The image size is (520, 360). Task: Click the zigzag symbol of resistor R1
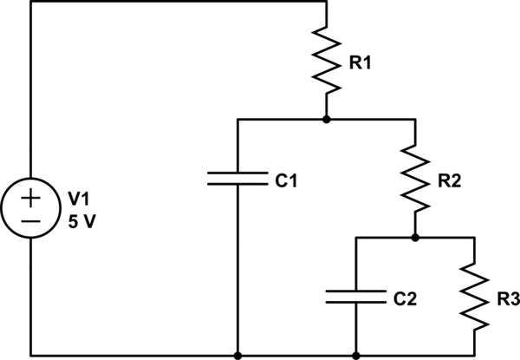326,61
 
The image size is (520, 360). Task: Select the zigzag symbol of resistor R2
416,178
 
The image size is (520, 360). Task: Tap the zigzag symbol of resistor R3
475,296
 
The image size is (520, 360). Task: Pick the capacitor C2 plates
355,297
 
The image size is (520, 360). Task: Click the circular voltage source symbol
29,208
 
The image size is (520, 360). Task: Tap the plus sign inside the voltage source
29,198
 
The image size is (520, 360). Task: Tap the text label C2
406,299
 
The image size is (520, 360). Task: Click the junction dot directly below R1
326,119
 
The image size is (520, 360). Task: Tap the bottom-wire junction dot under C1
237,355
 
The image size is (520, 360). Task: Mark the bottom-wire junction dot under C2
355,355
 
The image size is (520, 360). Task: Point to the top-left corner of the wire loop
29,2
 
